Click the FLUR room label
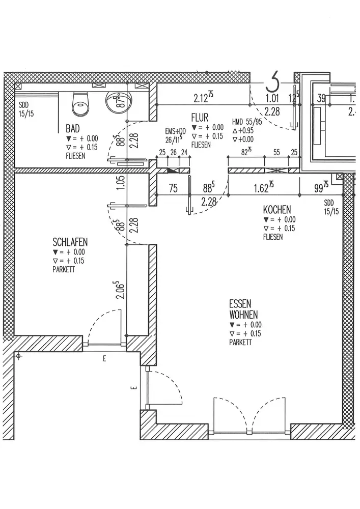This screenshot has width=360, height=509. pos(200,117)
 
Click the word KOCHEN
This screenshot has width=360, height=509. pos(277,209)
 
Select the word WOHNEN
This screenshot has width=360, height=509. pos(243,315)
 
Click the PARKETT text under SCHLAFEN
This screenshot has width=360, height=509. pos(64,270)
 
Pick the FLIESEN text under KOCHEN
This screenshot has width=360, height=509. pos(273,237)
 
